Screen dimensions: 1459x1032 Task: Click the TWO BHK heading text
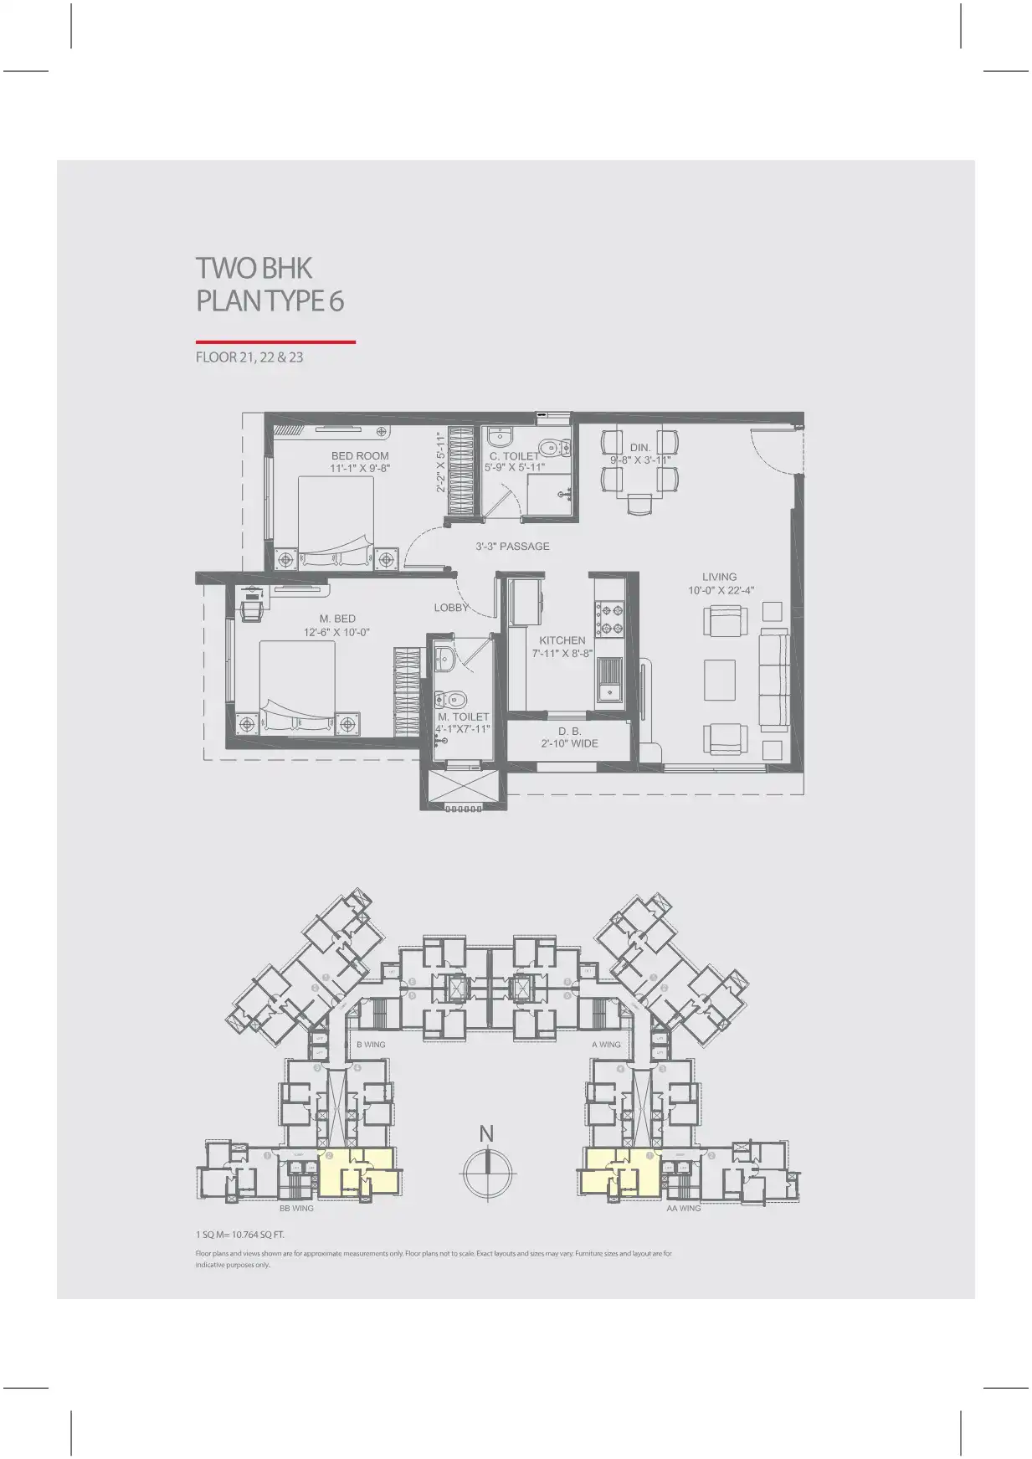pos(254,269)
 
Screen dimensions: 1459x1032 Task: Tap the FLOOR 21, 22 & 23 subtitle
pos(249,357)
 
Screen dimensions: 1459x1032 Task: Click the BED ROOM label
pos(360,456)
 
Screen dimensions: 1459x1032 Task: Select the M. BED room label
pos(337,619)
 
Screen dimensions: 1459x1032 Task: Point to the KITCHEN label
pos(562,640)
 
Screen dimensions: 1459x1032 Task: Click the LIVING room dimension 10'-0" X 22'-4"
pos(721,590)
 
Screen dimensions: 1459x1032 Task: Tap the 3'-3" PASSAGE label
pos(512,547)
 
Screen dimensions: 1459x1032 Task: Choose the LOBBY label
pos(451,608)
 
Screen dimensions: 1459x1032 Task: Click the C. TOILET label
pos(515,456)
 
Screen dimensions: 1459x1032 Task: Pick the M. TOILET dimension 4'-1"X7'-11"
pos(463,729)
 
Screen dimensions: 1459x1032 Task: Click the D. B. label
pos(570,731)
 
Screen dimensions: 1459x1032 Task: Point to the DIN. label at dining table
pos(640,448)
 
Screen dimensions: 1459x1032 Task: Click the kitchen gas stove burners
pos(608,619)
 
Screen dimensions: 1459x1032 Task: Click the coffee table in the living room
pos(719,680)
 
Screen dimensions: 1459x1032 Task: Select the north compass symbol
pos(486,1171)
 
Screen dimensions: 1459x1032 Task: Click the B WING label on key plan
pos(371,1045)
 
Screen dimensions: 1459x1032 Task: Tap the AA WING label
pos(683,1209)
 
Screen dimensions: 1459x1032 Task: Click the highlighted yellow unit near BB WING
pos(357,1170)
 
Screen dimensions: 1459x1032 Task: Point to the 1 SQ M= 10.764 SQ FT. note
pos(240,1235)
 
